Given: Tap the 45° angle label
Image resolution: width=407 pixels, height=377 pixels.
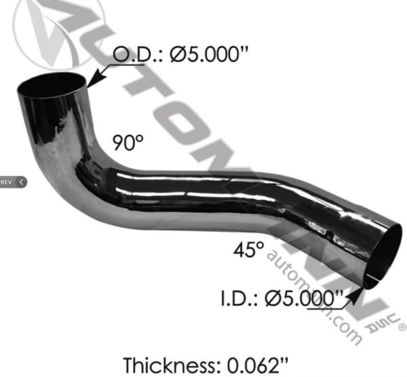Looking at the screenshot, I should (x=249, y=250).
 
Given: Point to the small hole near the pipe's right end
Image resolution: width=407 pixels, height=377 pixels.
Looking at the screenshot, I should (x=327, y=237).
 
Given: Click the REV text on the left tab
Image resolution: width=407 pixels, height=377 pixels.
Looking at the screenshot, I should (x=7, y=182).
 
